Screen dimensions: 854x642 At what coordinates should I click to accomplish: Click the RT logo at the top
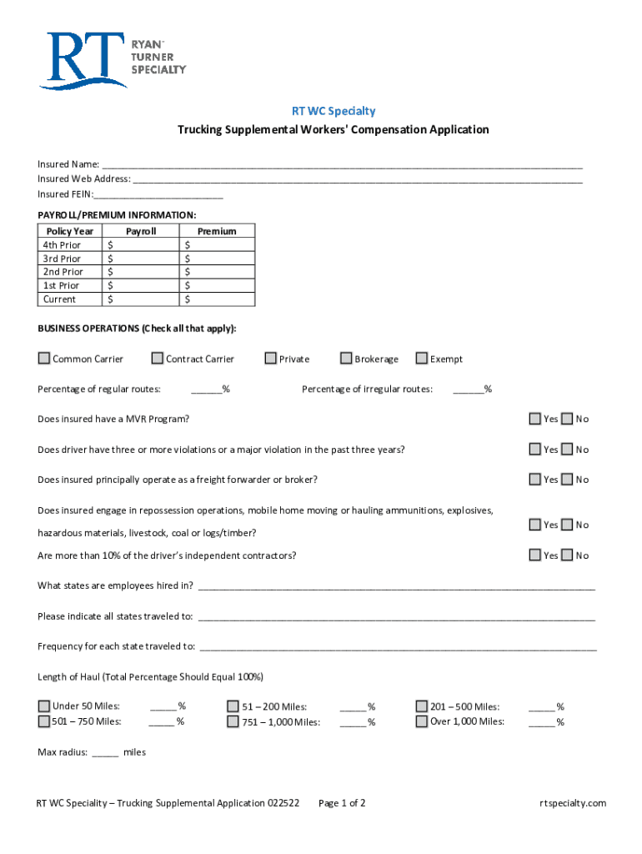pos(112,59)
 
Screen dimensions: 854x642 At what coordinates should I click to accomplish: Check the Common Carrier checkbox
pos(44,359)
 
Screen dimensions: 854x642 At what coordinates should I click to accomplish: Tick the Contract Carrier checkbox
pos(158,359)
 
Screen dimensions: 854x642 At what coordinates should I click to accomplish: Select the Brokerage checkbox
pos(346,359)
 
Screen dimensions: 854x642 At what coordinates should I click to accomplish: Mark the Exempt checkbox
pos(422,359)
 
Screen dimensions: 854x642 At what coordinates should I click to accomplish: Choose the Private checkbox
pos(270,359)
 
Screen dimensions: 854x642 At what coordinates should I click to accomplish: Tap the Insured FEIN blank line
pos(158,195)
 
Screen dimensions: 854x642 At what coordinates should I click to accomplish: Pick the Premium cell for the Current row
pos(218,299)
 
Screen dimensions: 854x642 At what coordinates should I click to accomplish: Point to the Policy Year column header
pos(70,231)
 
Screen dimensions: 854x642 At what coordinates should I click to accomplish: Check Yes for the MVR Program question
pos(535,419)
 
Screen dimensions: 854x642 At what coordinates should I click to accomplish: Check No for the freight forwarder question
pos(567,480)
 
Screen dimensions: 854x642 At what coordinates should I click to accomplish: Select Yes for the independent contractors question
pos(535,555)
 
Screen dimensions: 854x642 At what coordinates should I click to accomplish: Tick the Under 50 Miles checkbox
pos(44,706)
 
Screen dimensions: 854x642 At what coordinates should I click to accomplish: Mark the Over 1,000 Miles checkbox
pos(422,721)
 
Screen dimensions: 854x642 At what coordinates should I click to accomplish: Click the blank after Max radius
pos(105,753)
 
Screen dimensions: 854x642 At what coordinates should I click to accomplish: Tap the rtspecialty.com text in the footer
pos(573,803)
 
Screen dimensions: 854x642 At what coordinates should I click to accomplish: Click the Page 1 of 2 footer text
pos(342,803)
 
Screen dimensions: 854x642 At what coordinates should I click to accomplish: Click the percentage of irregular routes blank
pos(469,389)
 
